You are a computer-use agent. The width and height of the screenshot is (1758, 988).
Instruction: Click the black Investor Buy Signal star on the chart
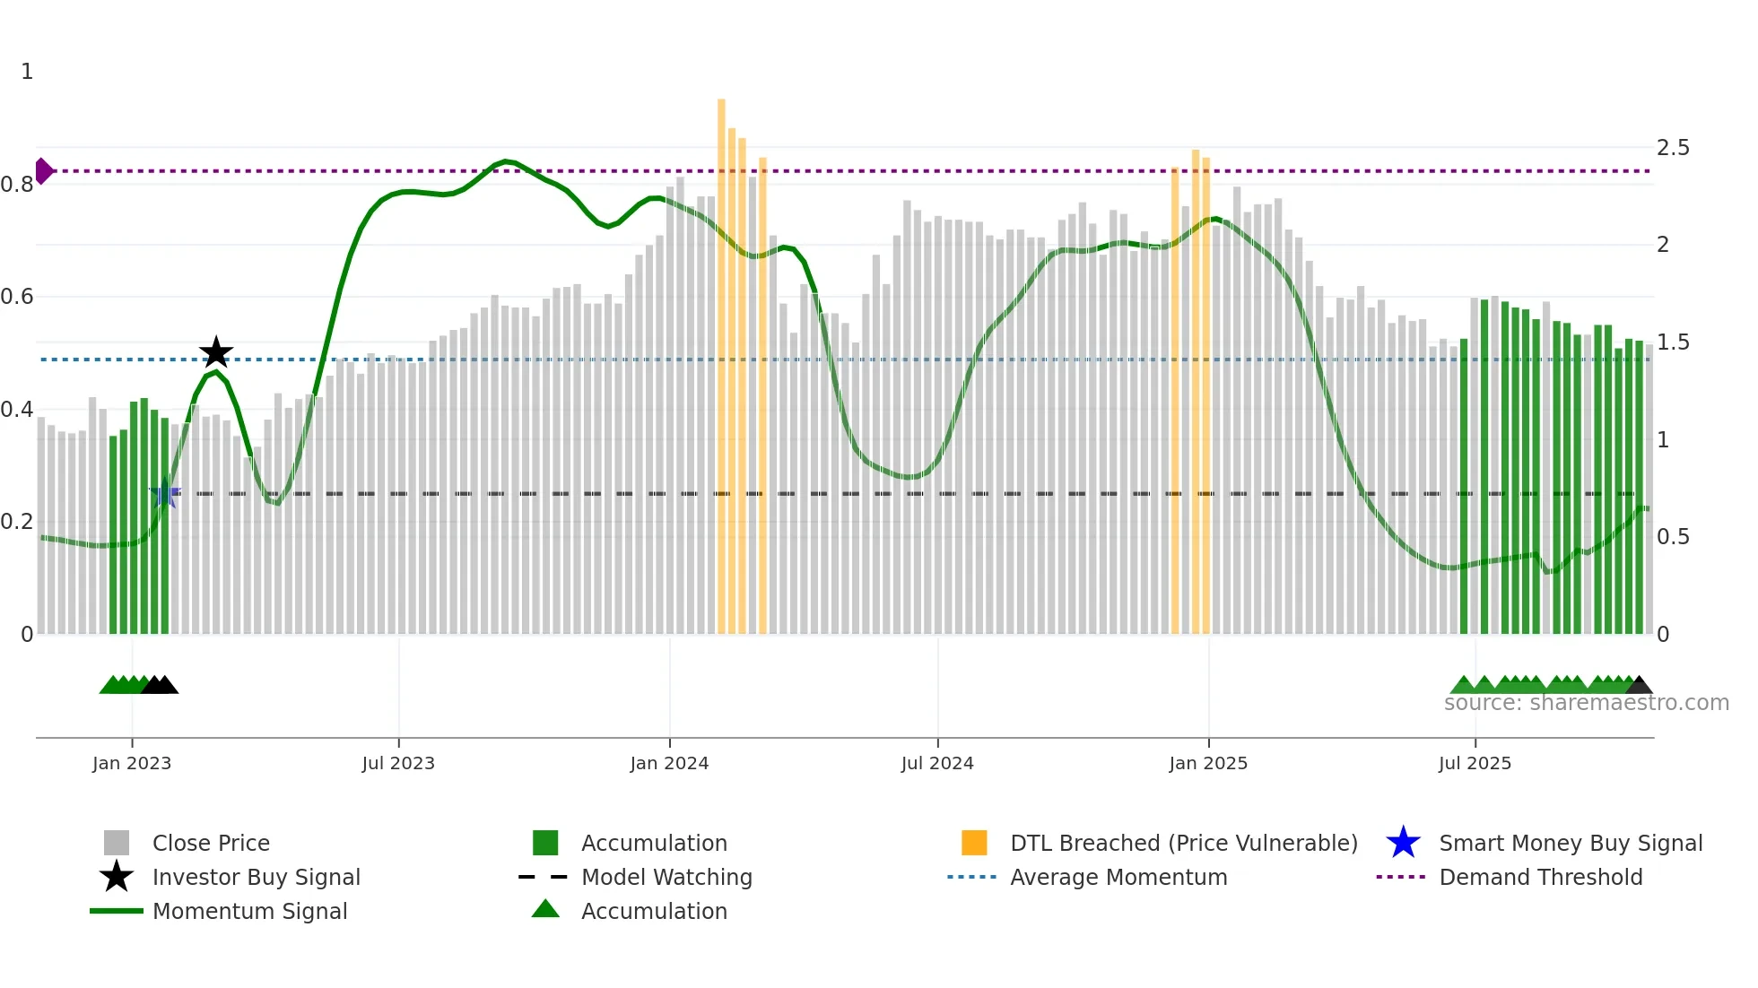tap(216, 352)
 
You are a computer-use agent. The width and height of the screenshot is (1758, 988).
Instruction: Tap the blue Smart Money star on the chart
tap(165, 494)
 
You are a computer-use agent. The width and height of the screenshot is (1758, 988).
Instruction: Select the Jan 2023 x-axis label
tap(132, 763)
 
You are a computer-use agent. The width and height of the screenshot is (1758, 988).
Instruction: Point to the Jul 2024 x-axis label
tap(937, 763)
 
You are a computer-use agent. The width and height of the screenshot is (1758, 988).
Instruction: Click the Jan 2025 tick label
tap(1208, 763)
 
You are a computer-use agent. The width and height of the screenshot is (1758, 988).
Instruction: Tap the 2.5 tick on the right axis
tap(1673, 147)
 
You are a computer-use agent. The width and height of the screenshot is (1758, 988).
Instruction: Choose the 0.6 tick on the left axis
tap(18, 296)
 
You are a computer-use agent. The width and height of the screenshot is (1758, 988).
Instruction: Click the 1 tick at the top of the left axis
tap(27, 72)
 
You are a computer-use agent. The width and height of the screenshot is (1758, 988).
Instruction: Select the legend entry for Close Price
tap(211, 843)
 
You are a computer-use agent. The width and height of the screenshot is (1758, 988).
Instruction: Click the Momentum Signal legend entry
tap(249, 911)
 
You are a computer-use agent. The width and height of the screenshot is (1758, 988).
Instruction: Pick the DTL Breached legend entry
tap(1183, 843)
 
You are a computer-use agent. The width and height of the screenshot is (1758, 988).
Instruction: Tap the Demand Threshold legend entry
tap(1540, 877)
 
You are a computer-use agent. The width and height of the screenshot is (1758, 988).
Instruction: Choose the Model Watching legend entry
tap(666, 877)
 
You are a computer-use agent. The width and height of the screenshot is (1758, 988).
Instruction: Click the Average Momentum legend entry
tap(1118, 877)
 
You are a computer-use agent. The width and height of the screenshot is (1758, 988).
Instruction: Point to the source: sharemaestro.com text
tap(1586, 703)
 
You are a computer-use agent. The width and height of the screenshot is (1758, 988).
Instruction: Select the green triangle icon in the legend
tap(545, 909)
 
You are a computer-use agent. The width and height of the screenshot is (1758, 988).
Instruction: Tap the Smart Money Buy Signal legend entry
tap(1570, 843)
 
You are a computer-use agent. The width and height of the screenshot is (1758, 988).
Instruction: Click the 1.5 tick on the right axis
tap(1673, 342)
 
